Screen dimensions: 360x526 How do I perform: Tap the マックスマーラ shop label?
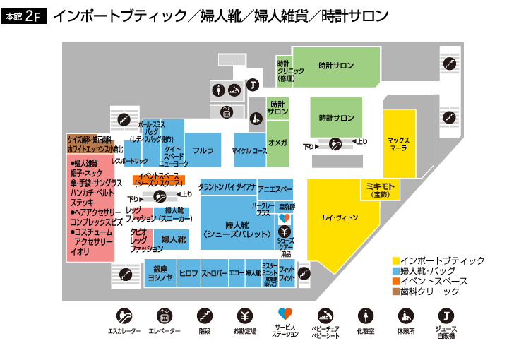coord(399,145)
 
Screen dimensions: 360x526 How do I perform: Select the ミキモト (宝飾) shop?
coord(381,188)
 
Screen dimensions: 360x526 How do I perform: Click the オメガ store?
coord(277,143)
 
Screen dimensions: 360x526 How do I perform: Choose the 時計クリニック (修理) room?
coord(285,70)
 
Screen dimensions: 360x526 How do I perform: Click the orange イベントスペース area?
coord(159,178)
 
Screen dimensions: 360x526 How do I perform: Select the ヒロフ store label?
coord(189,273)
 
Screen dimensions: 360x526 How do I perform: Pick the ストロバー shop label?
coord(214,273)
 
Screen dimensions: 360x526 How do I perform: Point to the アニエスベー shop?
coord(275,189)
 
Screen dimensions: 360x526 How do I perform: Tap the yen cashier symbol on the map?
coord(285,231)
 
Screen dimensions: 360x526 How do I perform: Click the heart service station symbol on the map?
coord(285,219)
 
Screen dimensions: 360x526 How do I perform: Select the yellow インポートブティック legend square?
coord(395,260)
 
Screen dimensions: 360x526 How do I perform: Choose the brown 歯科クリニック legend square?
coord(395,291)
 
